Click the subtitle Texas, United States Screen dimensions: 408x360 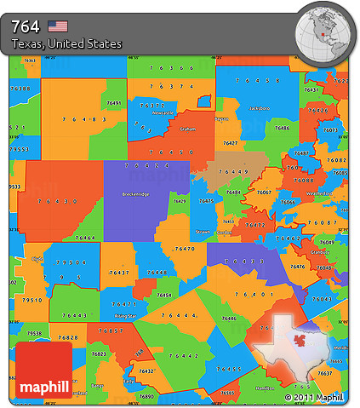66,43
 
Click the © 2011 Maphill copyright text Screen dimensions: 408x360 315,397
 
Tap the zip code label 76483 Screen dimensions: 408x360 85,119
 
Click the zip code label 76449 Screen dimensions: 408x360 231,171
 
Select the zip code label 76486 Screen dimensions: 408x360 283,128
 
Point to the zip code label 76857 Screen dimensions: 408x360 111,330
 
